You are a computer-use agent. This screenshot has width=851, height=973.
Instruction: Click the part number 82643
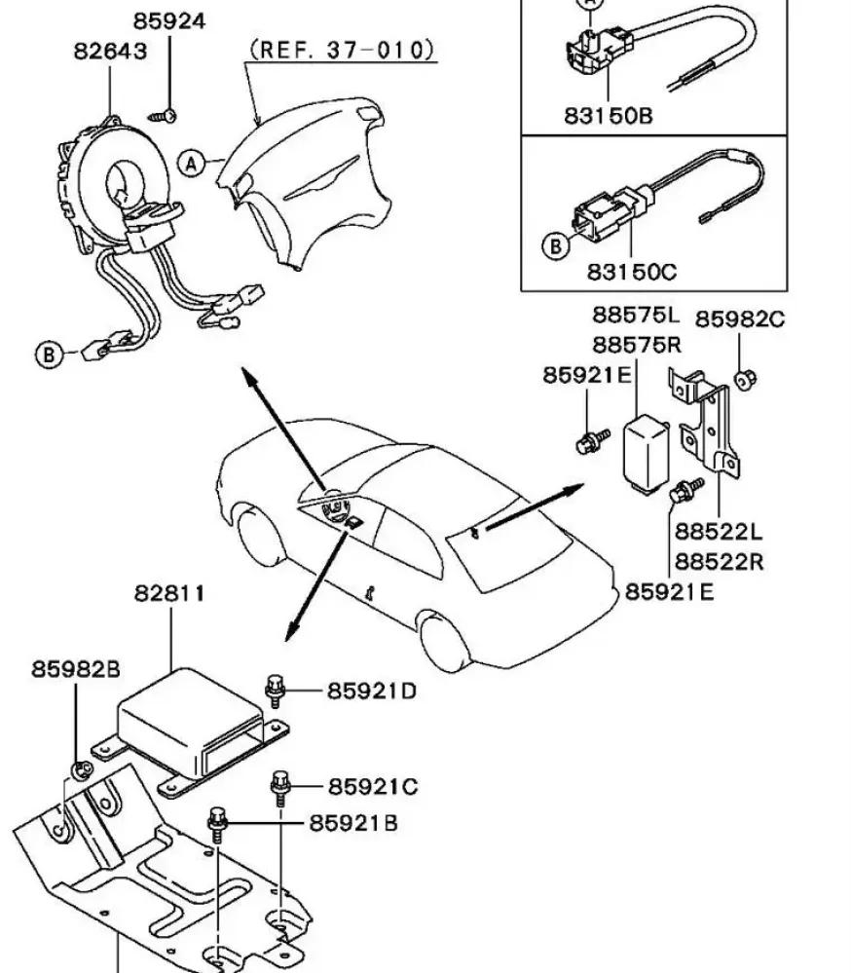pos(110,51)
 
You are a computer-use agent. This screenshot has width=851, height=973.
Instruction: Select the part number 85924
pos(169,21)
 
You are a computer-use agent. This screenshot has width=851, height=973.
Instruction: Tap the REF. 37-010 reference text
pos(343,50)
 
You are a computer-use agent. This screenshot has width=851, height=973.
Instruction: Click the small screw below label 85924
pos(163,116)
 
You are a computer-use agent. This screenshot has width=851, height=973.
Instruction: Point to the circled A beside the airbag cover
pos(192,164)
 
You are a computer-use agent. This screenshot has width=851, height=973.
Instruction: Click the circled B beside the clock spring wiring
pos(49,355)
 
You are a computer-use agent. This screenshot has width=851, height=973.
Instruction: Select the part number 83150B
pos(609,116)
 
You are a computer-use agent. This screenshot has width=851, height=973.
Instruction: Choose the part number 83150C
pos(631,272)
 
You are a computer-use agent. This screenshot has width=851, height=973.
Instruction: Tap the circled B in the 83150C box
pos(556,246)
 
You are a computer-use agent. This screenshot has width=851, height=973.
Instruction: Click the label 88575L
pos(637,315)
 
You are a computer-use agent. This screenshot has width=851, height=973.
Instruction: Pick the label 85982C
pos(739,318)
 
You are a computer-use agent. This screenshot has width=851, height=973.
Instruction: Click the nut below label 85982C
pos(745,378)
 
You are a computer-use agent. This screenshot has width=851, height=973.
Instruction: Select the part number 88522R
pos(719,562)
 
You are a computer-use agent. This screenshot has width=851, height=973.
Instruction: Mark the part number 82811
pos(169,594)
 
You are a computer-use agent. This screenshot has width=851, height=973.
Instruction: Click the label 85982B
pos(76,669)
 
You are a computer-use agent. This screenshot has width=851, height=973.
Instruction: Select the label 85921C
pos(373,787)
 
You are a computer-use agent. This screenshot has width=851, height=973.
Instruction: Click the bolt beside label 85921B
pos(218,825)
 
